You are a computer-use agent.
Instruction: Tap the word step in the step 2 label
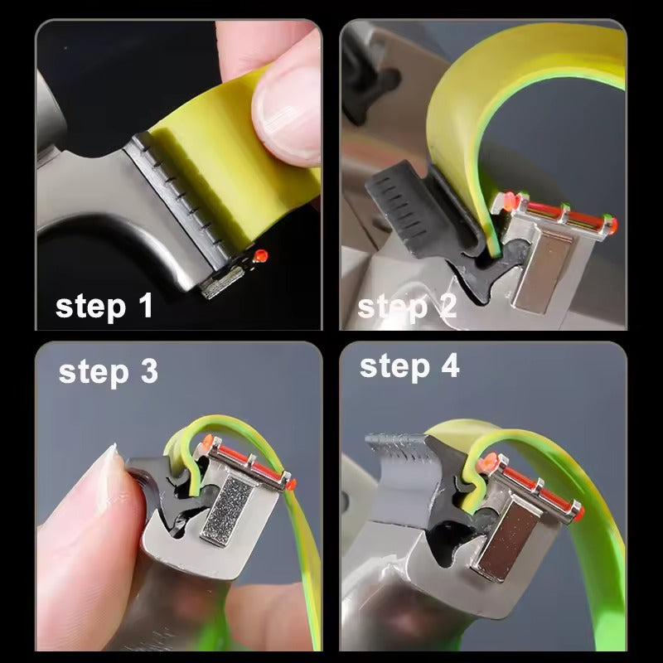(x=392, y=307)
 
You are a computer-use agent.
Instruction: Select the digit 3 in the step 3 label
(x=149, y=371)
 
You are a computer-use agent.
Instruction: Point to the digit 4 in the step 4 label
(x=450, y=365)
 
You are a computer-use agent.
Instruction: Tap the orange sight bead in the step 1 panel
(x=260, y=255)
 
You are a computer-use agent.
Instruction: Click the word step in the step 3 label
(x=94, y=373)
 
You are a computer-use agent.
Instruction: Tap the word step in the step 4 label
(x=394, y=367)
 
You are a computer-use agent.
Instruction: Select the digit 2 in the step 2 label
(x=448, y=306)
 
